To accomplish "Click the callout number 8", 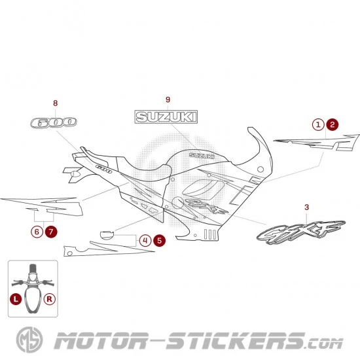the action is [56, 103].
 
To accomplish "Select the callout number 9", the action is [168, 99].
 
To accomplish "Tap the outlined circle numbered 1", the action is [318, 124].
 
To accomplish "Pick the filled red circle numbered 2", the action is [333, 124].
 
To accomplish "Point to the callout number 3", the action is [307, 207].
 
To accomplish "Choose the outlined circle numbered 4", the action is [145, 241].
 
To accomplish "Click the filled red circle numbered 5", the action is [159, 241].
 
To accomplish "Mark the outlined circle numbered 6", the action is [37, 232].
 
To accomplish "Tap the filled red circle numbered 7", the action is [51, 232].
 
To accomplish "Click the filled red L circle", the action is [16, 299].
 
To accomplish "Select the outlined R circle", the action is [49, 299].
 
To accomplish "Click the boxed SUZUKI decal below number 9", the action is [166, 117].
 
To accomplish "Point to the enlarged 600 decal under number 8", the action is [54, 122].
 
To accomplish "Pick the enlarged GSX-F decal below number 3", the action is [301, 232].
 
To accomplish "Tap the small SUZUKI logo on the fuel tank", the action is [202, 155].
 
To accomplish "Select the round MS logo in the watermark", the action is [29, 340].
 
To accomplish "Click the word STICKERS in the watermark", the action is [236, 341].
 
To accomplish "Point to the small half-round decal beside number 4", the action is [107, 236].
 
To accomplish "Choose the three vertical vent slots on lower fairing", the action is [210, 234].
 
